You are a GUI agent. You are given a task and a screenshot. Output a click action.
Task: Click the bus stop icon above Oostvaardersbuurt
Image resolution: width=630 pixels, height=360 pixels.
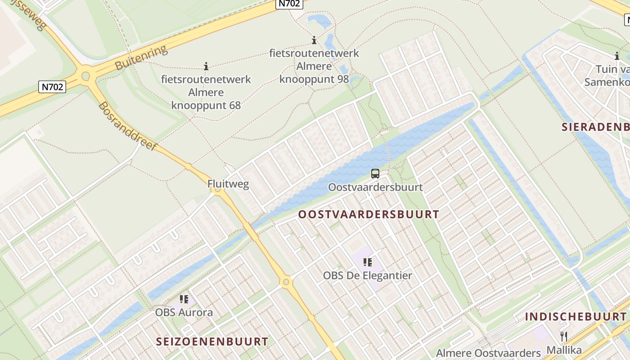tap(375, 173)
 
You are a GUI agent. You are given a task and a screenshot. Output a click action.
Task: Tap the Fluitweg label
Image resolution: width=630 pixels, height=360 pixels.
tap(228, 184)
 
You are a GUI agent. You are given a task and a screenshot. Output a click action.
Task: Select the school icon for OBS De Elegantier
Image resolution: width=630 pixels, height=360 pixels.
tap(368, 262)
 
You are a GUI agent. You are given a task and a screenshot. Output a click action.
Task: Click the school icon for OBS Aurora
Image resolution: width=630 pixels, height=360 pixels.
tap(184, 299)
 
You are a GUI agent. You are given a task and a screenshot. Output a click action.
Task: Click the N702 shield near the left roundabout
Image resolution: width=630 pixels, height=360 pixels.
tap(52, 86)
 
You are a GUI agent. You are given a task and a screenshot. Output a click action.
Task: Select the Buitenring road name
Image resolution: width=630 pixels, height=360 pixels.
tap(141, 58)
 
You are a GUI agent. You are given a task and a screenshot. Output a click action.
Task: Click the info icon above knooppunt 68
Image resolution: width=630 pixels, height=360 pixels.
tap(206, 67)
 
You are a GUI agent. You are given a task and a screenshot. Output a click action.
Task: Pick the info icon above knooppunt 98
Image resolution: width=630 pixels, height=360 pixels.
tap(314, 40)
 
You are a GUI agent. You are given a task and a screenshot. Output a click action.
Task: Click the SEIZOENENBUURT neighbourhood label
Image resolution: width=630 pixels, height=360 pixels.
tap(212, 342)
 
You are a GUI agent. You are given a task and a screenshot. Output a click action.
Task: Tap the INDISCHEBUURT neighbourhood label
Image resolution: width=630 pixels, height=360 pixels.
tap(576, 316)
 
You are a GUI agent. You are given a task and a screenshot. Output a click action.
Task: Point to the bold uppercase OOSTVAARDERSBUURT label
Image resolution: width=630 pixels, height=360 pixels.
tap(368, 214)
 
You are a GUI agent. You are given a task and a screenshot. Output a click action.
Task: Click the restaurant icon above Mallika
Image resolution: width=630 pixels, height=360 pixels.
tap(563, 336)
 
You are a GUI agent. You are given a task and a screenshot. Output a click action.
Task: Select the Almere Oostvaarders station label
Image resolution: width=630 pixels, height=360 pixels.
tap(488, 352)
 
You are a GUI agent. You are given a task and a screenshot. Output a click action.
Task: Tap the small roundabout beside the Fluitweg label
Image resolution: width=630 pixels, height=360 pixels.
tap(218, 190)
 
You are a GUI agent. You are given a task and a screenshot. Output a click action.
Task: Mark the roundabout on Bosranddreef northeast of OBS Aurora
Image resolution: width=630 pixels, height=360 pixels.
tap(286, 283)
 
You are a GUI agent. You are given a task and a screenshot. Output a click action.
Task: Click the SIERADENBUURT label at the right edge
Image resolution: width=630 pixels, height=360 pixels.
tap(595, 127)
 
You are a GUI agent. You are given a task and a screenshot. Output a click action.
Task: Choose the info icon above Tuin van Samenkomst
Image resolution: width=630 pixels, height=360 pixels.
tap(616, 56)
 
